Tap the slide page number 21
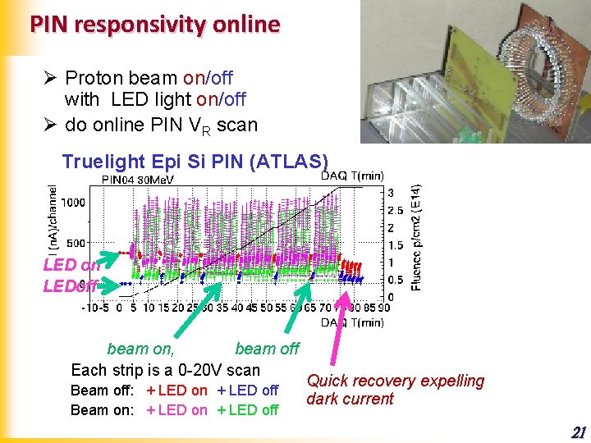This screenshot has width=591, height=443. point(578,432)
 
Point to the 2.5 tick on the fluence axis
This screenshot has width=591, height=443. point(396,210)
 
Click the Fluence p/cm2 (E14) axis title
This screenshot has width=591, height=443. point(417,237)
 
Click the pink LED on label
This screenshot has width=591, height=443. point(71,265)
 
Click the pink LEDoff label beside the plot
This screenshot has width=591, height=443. point(71,285)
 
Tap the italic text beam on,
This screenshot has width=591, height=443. point(140,349)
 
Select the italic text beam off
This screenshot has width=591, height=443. point(268,349)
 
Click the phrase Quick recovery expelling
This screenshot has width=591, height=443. point(395,381)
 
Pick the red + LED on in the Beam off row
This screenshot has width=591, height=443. point(176,390)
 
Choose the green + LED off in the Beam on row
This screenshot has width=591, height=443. point(248,410)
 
